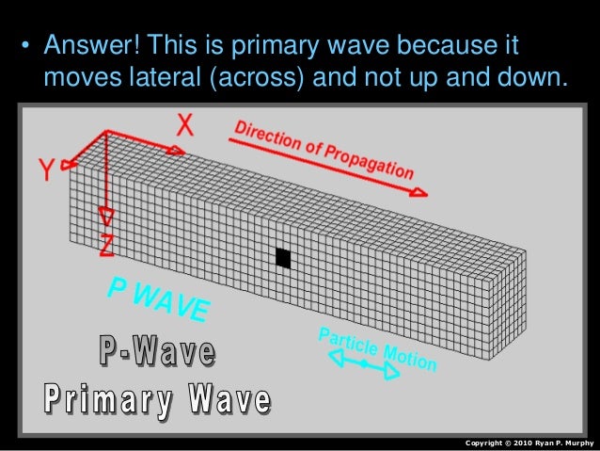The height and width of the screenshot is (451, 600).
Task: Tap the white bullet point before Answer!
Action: click(26, 46)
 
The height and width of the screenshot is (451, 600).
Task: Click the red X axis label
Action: click(187, 122)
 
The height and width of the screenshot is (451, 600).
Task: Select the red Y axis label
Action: click(46, 170)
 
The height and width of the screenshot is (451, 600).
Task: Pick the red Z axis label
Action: click(107, 247)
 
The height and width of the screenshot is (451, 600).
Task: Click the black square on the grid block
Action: click(283, 258)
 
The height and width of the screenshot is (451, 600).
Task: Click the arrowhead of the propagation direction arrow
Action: click(419, 193)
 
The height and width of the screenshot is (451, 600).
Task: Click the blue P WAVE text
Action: click(158, 295)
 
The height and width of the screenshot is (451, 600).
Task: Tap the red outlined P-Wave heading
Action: click(157, 354)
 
